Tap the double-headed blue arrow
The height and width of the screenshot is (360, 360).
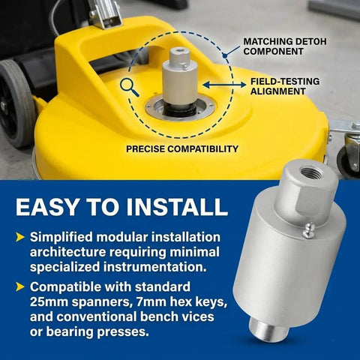tap(224, 85)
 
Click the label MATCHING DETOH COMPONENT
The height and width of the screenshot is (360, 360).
tap(285, 46)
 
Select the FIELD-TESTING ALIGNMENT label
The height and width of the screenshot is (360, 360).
tap(285, 86)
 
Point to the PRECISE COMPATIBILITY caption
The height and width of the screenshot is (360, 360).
tap(182, 149)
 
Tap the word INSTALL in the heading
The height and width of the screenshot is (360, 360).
tap(177, 207)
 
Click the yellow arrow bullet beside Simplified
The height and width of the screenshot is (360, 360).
tap(20, 237)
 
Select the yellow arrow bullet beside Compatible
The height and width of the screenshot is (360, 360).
tap(20, 286)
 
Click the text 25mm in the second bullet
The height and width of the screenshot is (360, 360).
tap(49, 301)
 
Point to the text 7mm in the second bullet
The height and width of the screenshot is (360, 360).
tap(151, 301)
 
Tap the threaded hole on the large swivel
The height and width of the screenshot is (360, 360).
tap(308, 172)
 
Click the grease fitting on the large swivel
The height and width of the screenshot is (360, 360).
tap(308, 230)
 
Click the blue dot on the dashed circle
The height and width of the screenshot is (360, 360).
tap(225, 56)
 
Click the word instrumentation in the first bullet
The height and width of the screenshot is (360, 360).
tap(155, 267)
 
